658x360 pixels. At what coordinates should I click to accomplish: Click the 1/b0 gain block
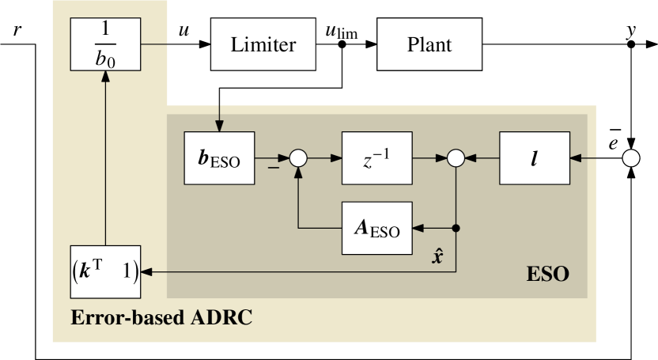tap(99, 46)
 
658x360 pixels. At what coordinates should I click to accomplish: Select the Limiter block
tap(263, 46)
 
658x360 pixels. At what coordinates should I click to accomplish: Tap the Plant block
tap(429, 46)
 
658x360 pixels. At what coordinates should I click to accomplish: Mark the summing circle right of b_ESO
tap(297, 158)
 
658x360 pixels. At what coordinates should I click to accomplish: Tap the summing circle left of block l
tap(456, 158)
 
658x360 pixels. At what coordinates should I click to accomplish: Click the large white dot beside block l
tap(630, 158)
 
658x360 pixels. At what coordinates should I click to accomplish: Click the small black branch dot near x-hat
tap(456, 229)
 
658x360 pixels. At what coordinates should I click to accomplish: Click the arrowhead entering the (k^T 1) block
tap(145, 272)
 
